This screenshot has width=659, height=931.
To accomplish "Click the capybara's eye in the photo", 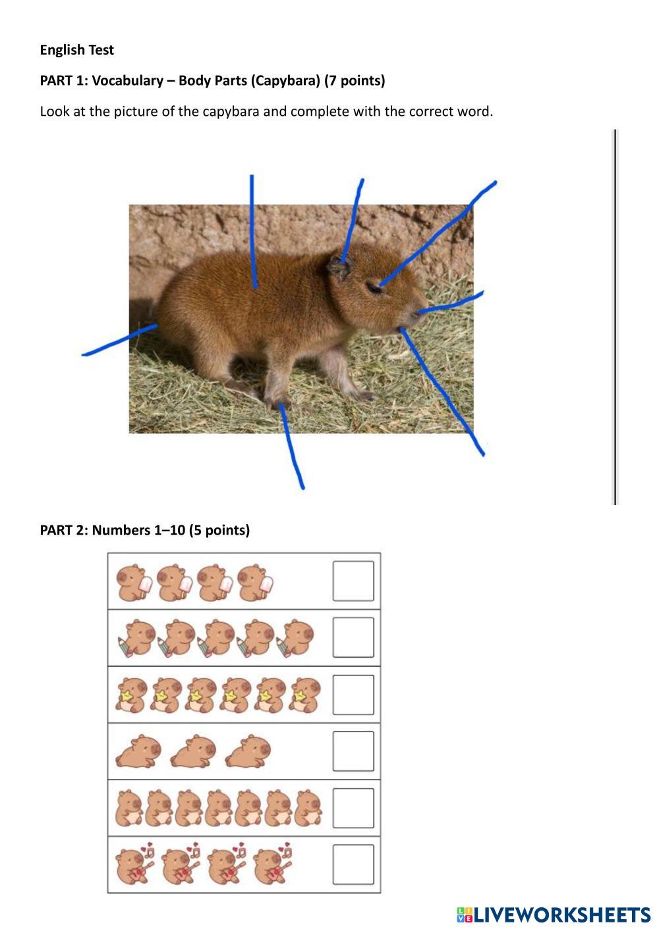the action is (374, 288).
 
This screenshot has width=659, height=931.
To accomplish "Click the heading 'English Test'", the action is (76, 50).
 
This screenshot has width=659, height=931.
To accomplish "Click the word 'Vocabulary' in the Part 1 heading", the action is (127, 80).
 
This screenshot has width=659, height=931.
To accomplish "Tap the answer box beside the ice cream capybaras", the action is (353, 581).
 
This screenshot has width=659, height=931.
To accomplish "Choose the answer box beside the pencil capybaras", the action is (353, 637).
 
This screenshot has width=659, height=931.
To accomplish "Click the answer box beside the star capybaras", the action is (353, 695).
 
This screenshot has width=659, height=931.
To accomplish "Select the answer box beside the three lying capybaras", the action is (353, 751).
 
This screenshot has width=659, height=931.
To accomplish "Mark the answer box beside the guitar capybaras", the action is (353, 864).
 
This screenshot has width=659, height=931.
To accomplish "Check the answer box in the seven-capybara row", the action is (353, 808).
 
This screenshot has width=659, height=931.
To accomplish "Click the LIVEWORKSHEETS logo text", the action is (561, 915).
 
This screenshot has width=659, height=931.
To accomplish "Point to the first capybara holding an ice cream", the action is (134, 582).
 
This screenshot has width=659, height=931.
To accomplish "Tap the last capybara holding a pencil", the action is (295, 638).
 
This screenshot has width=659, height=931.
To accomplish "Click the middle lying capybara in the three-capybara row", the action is (193, 751).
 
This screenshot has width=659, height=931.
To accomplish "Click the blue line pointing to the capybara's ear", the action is (353, 221).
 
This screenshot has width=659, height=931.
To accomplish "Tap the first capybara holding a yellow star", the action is (131, 695).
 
